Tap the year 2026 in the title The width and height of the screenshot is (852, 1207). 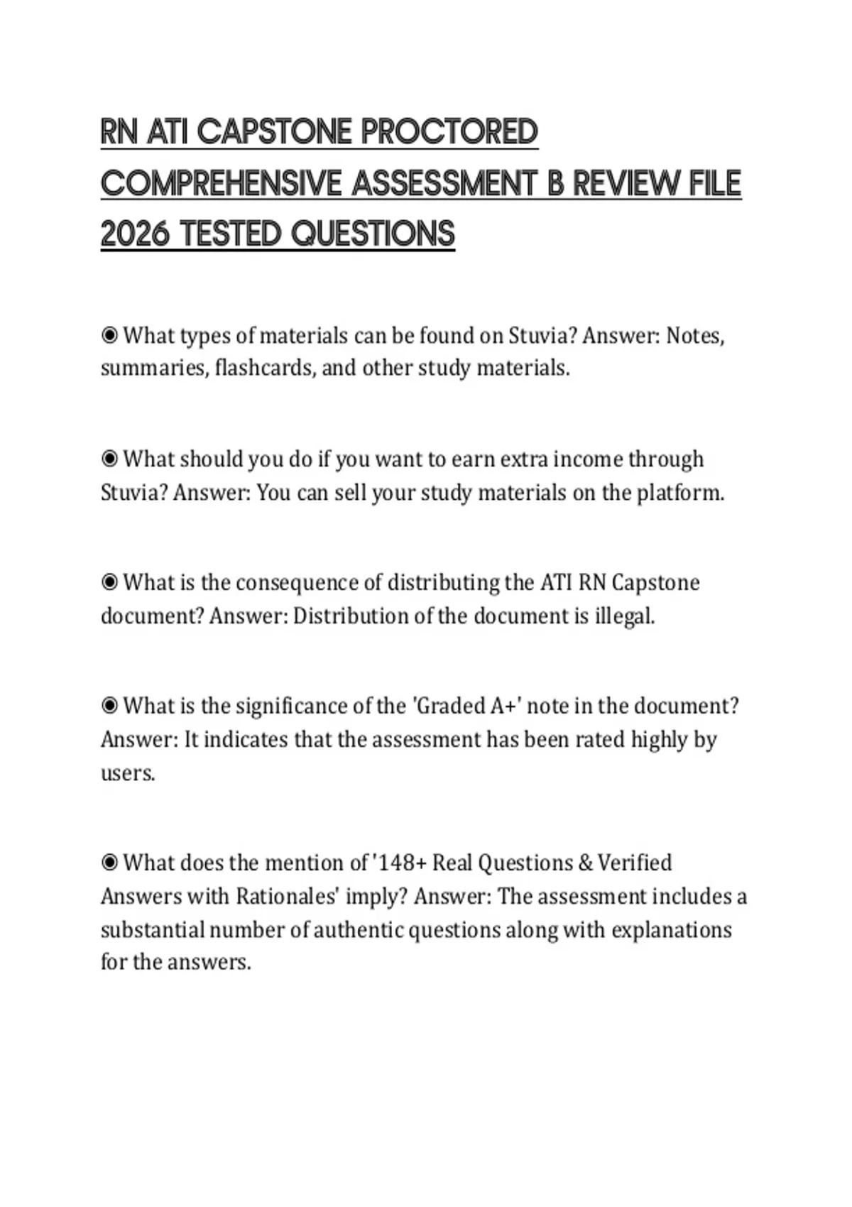coord(135,234)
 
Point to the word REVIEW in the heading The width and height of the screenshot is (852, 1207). coord(622,183)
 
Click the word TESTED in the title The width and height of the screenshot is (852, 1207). coord(231,234)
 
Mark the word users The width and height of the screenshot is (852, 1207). coord(128,772)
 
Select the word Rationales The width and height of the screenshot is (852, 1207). coord(287,896)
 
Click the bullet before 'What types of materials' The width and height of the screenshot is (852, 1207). coord(109,335)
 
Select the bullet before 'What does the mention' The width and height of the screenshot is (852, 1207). coord(109,863)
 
